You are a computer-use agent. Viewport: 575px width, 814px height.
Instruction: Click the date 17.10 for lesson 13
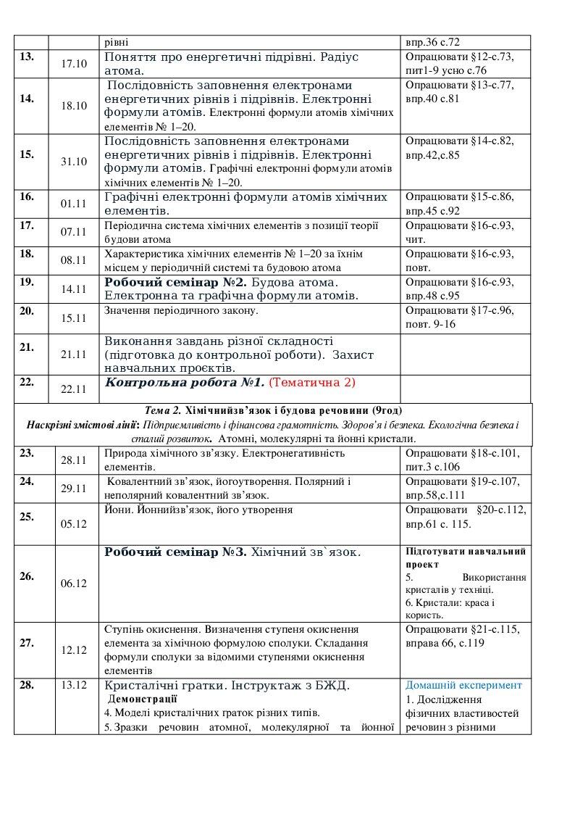[x=73, y=64]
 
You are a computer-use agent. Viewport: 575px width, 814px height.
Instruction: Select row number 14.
[x=28, y=99]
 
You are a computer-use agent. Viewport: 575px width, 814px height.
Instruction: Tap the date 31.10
[x=73, y=162]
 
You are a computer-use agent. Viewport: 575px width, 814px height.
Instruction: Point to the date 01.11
[x=73, y=204]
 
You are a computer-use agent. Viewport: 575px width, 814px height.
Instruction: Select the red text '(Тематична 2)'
[x=312, y=381]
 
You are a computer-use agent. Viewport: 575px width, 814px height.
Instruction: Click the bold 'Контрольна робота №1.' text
[x=185, y=381]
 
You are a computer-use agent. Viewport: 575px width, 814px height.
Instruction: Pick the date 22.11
[x=73, y=389]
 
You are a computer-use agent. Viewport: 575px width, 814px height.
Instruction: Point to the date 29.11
[x=73, y=489]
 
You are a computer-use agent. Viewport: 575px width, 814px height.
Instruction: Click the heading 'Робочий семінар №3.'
[x=176, y=552]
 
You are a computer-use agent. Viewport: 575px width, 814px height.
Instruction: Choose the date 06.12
[x=73, y=583]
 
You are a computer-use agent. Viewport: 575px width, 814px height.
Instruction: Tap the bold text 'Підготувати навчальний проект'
[x=465, y=557]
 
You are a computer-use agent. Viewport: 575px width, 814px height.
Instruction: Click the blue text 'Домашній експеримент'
[x=463, y=685]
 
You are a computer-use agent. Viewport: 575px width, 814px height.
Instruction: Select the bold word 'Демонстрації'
[x=142, y=699]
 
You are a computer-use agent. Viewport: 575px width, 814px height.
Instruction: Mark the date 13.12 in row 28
[x=73, y=685]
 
